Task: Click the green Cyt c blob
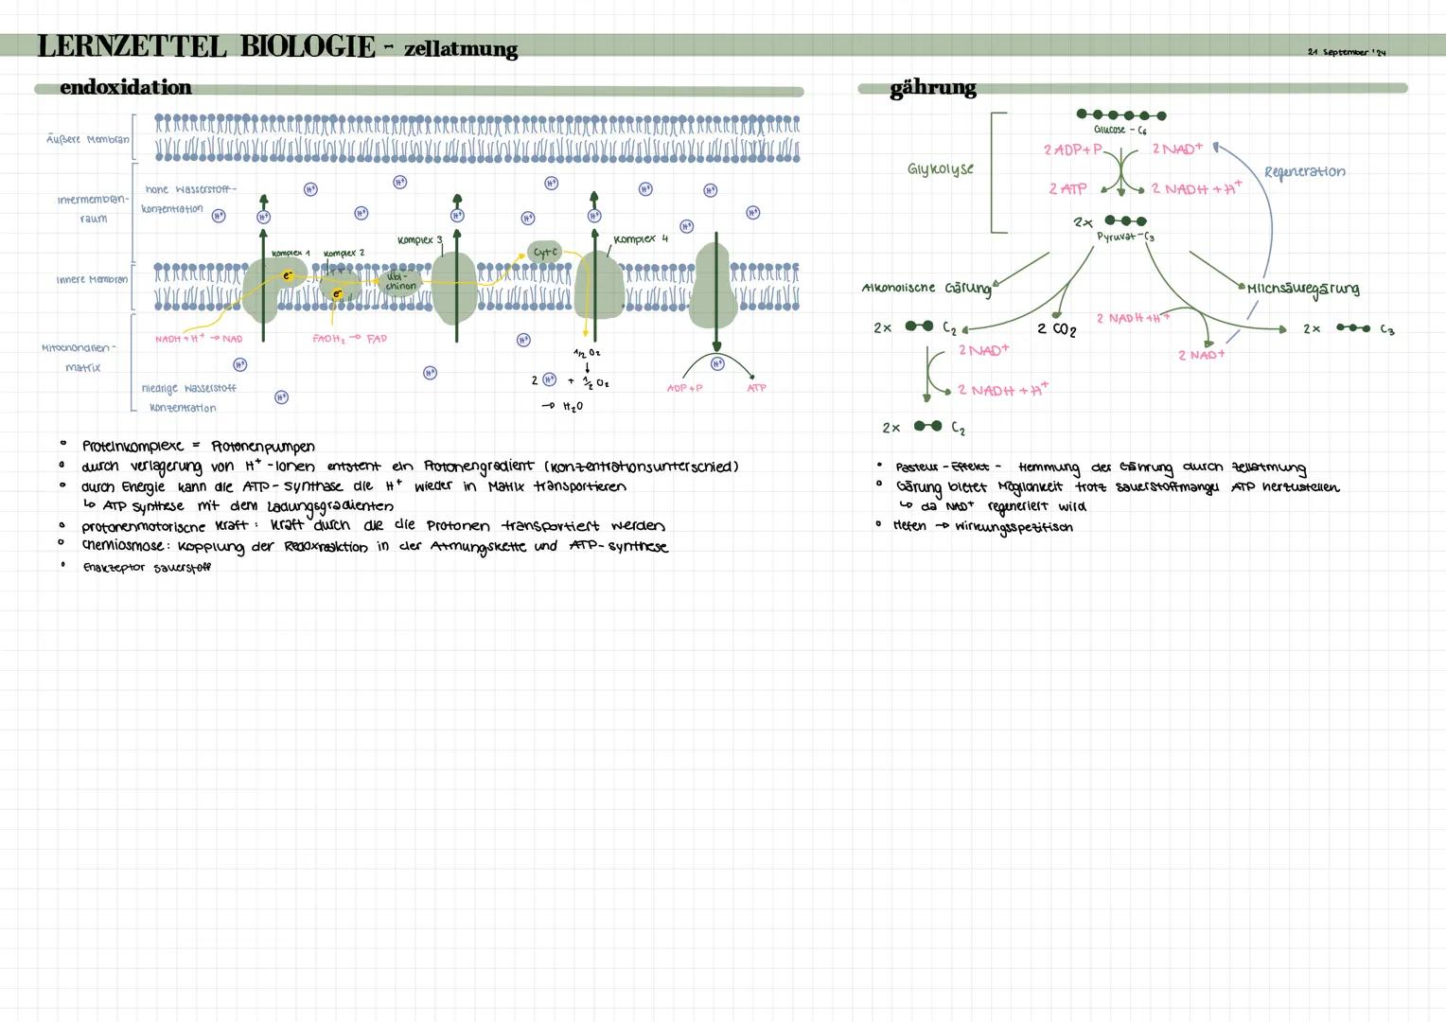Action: click(x=545, y=252)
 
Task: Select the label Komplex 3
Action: click(x=419, y=239)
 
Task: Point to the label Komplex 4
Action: click(x=641, y=239)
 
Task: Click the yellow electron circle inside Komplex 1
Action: click(x=287, y=275)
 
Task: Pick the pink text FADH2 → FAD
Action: click(x=349, y=338)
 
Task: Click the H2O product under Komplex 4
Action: click(x=571, y=406)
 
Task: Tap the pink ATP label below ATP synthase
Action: click(x=756, y=388)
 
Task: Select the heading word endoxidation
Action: click(x=125, y=87)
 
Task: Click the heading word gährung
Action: click(x=932, y=88)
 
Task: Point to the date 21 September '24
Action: click(x=1346, y=51)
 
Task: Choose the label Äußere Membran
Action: click(x=87, y=139)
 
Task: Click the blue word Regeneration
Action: click(x=1304, y=171)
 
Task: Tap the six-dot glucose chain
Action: click(x=1121, y=115)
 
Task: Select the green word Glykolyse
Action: click(x=940, y=169)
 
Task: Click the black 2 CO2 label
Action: click(x=1056, y=328)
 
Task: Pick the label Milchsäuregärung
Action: click(x=1303, y=289)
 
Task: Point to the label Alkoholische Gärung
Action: click(x=926, y=288)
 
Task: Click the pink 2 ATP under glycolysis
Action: click(x=1067, y=188)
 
